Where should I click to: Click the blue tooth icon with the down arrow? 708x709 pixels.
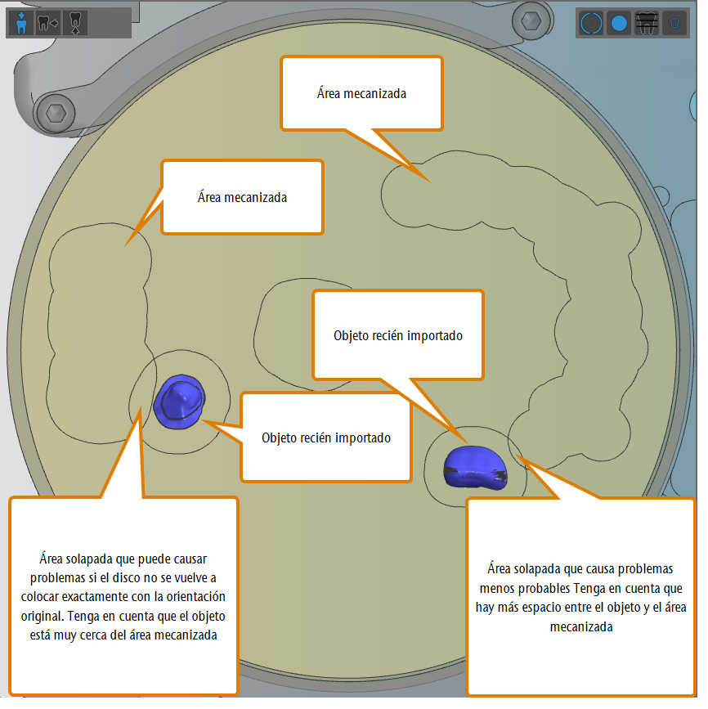point(20,23)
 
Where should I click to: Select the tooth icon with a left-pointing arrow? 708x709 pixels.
point(48,23)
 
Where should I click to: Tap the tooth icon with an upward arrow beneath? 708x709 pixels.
point(75,23)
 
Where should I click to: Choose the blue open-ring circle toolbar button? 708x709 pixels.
point(591,23)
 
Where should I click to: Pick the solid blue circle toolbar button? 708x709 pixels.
point(619,23)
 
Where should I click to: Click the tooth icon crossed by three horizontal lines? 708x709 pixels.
point(647,23)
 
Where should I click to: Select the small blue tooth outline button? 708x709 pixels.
point(674,23)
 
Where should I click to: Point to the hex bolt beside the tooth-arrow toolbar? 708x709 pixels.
point(56,113)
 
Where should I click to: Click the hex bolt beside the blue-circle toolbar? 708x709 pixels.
point(531,20)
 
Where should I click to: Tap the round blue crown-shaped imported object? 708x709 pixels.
point(180,402)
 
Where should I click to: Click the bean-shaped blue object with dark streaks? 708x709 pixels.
point(475,468)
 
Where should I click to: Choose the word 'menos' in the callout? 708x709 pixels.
point(496,588)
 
